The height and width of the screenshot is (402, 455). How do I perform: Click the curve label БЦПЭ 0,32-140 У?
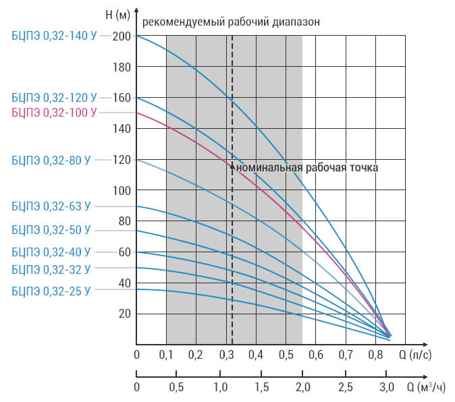pos(54,36)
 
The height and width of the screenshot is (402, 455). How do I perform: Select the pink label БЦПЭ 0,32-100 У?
pos(54,113)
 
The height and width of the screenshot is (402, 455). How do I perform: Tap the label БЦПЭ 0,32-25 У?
pos(51,291)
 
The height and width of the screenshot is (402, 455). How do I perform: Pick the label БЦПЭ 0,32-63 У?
pos(51,206)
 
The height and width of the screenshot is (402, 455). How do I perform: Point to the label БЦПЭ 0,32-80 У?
pos(51,160)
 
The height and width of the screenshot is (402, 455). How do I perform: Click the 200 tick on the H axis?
pos(122,36)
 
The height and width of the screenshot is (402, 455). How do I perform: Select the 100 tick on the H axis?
pos(122,191)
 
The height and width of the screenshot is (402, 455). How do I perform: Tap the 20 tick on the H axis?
pos(125,314)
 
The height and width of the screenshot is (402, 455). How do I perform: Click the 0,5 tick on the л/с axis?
pos(286,355)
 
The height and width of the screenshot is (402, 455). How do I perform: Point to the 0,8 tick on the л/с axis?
pos(376,355)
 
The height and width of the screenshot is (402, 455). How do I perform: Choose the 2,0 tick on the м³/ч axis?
pos(303,387)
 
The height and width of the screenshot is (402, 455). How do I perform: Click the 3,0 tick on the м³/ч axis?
pos(387,387)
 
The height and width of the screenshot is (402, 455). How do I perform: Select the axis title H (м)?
pos(117,14)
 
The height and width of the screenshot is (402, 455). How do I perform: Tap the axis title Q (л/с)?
pos(415,355)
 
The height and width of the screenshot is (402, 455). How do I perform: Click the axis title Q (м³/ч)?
pos(426,387)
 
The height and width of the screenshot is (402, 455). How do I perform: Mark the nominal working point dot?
pos(232,167)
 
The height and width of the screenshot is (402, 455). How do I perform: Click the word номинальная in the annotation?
pos(269,168)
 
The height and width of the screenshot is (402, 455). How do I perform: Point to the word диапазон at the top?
pos(296,22)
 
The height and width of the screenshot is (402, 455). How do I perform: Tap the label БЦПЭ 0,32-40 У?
pos(51,252)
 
